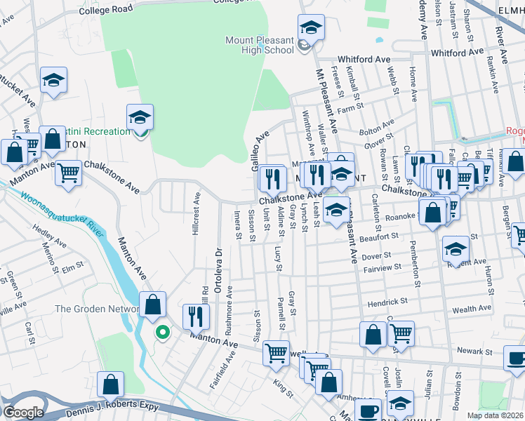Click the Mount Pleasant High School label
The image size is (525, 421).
(260, 45)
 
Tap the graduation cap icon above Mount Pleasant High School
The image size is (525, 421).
(311, 27)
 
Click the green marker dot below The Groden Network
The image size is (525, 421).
(162, 333)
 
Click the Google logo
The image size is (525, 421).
(23, 413)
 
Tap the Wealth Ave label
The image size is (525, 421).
(472, 309)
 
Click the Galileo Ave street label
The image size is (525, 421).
(260, 148)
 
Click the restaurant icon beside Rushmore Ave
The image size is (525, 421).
(196, 317)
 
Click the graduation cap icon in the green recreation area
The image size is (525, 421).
(140, 116)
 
